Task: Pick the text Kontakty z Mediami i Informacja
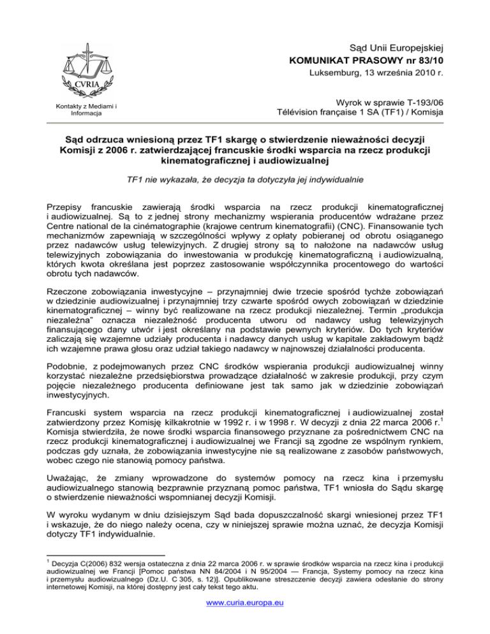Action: (80, 110)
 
